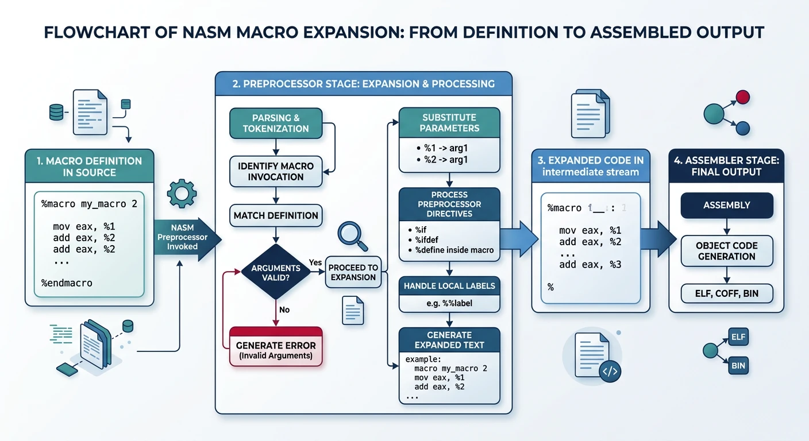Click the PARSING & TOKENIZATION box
(275, 123)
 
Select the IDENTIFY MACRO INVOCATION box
(275, 171)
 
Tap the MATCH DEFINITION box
(275, 215)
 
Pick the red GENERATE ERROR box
(275, 346)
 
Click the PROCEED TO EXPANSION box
(353, 272)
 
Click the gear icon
(182, 194)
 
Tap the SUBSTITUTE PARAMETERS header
(449, 123)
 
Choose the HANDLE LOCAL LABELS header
(449, 285)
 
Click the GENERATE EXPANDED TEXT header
(449, 340)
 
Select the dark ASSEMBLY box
(726, 205)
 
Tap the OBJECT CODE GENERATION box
(726, 251)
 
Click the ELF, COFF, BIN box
(726, 293)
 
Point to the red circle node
(742, 96)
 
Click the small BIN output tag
(738, 365)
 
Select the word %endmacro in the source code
(67, 283)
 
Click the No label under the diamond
(284, 310)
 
